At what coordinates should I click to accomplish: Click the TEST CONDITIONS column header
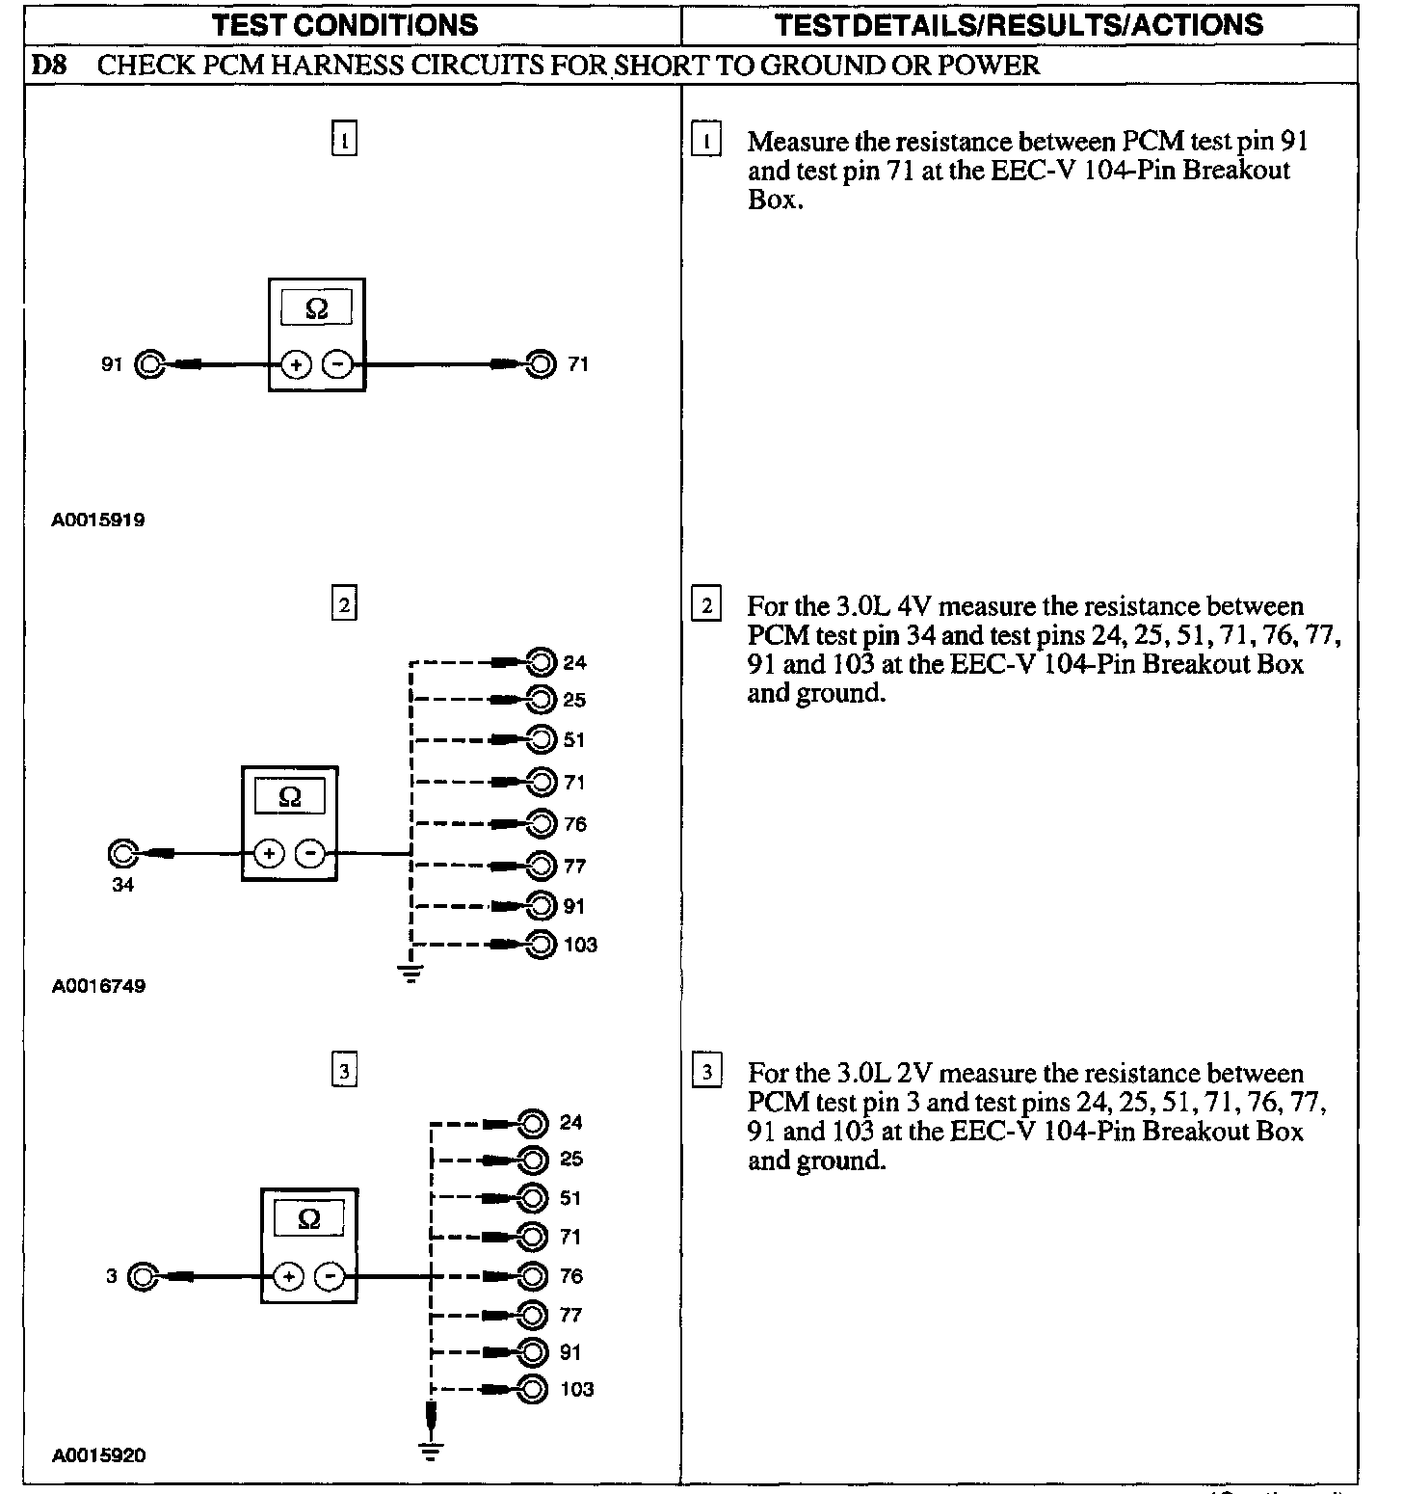[x=345, y=24]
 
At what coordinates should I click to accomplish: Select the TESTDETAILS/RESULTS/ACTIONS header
[x=1019, y=24]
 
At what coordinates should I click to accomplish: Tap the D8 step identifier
[x=48, y=66]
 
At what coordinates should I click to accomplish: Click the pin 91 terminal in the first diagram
[x=150, y=364]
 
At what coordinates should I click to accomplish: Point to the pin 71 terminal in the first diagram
[x=542, y=364]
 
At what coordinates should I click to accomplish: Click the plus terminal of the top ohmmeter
[x=296, y=364]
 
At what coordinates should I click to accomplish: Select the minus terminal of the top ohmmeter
[x=336, y=364]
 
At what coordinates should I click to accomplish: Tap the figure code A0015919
[x=98, y=520]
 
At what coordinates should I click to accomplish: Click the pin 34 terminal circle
[x=123, y=854]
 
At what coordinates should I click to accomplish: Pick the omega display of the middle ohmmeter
[x=289, y=797]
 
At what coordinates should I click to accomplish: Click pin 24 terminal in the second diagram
[x=543, y=662]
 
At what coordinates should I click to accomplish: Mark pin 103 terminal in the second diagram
[x=543, y=945]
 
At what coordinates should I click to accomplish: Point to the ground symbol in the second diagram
[x=411, y=973]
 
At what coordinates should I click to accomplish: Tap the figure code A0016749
[x=98, y=986]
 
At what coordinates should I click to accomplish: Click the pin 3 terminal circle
[x=143, y=1277]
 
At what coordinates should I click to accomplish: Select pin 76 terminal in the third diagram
[x=533, y=1276]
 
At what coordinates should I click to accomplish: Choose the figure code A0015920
[x=98, y=1455]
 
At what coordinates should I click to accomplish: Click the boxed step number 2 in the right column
[x=706, y=606]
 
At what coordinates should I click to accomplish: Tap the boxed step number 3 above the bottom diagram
[x=344, y=1071]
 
